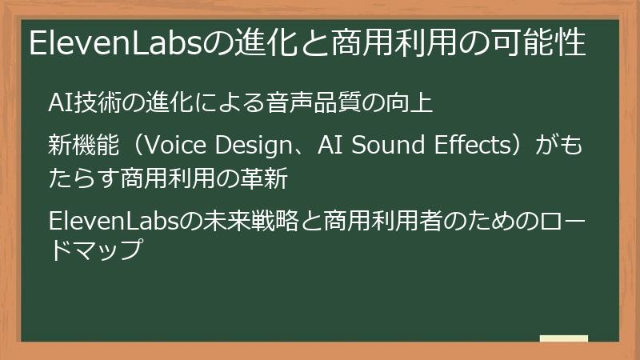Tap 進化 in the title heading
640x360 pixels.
coord(261,42)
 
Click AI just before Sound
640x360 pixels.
coord(330,146)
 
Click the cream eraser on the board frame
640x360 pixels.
coord(563,339)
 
